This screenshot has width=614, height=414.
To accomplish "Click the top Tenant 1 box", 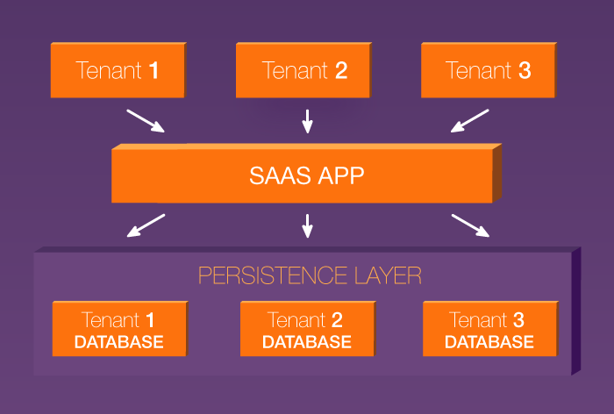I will tap(118, 70).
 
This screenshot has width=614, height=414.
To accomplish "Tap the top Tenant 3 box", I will tap(489, 70).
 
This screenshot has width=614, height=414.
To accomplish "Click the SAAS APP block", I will tap(302, 175).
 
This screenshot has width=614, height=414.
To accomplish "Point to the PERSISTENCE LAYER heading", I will tap(310, 275).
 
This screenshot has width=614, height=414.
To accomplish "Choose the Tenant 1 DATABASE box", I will tap(118, 330).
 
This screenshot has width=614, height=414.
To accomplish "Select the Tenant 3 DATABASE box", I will tap(489, 330).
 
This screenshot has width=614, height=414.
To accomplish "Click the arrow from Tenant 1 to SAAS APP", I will tap(146, 121).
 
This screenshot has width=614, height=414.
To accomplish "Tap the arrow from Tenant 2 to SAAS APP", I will tap(307, 121).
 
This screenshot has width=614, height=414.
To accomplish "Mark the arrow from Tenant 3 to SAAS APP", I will tap(469, 121).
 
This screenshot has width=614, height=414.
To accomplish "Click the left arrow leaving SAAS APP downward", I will tap(146, 225).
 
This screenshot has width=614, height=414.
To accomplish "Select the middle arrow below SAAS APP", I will tap(307, 225).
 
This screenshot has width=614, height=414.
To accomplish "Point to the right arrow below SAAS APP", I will tap(471, 225).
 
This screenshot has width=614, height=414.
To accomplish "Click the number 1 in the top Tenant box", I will tap(153, 70).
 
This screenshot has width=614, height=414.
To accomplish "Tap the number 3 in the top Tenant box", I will tap(525, 70).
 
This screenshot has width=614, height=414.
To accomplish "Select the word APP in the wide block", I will tap(337, 175).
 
